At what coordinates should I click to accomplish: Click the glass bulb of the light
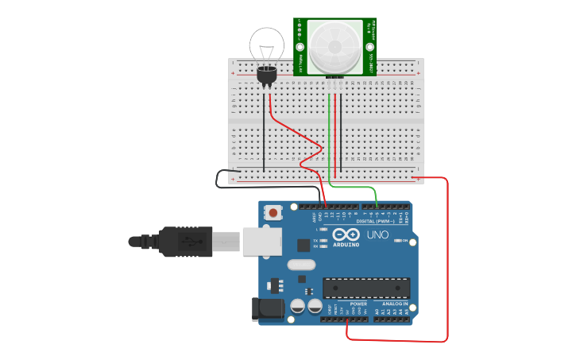click(267, 44)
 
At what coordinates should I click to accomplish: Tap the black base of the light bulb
click(267, 75)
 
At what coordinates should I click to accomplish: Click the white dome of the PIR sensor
click(335, 46)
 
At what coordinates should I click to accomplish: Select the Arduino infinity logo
click(346, 235)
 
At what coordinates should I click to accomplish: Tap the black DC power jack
click(268, 310)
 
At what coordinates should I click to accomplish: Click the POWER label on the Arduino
click(358, 304)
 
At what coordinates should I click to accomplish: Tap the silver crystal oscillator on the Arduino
click(302, 265)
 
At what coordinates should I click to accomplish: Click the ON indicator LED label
click(404, 241)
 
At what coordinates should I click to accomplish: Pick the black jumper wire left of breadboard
click(226, 179)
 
